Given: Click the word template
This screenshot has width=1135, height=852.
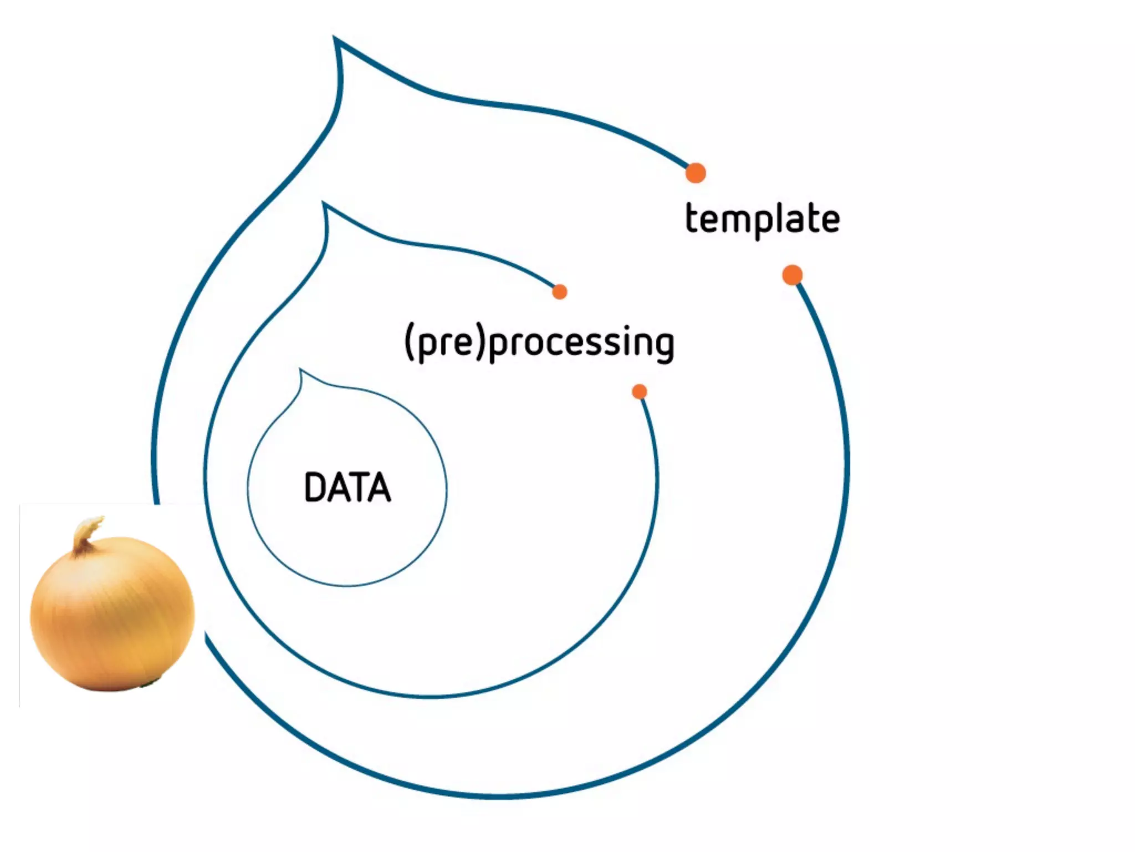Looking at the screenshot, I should pos(763,219).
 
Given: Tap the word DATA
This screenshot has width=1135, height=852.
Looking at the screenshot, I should pos(347,488).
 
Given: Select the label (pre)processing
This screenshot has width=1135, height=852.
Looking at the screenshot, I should pos(539,342).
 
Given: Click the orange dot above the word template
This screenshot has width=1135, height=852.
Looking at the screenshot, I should pos(696,173).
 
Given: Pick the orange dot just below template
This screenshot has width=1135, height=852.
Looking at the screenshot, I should pos(793,275).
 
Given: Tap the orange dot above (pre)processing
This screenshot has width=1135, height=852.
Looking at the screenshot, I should pos(560,292).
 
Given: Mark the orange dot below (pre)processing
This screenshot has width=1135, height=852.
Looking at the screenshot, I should pos(640,392).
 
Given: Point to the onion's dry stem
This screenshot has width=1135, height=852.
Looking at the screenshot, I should pos(86,532).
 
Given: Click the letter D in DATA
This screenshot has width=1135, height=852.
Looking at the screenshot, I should pos(315,488).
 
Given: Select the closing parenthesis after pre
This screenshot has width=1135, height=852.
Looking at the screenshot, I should pos(480,342).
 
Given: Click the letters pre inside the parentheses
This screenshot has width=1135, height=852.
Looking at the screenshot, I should pos(445,344).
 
